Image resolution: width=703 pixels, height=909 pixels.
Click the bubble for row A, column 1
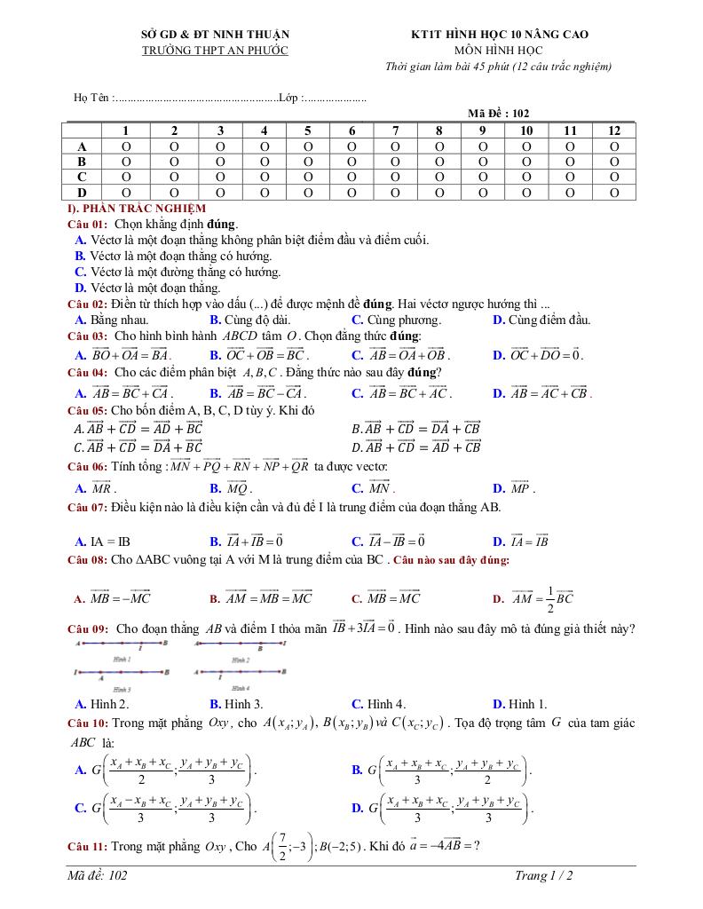click(126, 146)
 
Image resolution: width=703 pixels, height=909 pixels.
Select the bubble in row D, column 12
click(614, 192)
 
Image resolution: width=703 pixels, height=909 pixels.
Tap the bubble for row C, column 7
click(395, 177)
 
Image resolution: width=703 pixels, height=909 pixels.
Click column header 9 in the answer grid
click(482, 130)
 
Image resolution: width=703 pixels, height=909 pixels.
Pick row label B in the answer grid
click(83, 162)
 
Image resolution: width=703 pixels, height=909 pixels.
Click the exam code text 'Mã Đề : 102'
click(498, 114)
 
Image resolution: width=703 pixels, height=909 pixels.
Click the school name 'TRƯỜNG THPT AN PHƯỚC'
click(215, 51)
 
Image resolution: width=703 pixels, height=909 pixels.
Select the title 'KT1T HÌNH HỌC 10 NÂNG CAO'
click(499, 35)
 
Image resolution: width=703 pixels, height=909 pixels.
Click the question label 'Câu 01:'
click(88, 224)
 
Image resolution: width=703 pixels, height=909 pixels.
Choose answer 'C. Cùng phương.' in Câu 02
click(396, 320)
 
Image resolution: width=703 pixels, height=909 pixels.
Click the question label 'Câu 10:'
click(88, 723)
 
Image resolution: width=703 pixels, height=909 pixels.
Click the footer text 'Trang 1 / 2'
click(543, 876)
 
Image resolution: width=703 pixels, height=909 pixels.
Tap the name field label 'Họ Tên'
click(90, 98)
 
